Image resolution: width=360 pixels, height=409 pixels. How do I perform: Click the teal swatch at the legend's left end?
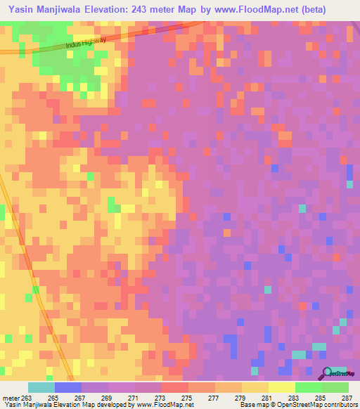point(41,387)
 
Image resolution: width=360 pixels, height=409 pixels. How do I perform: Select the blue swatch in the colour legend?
point(67,387)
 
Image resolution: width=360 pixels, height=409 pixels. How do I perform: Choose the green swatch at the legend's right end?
point(335,387)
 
